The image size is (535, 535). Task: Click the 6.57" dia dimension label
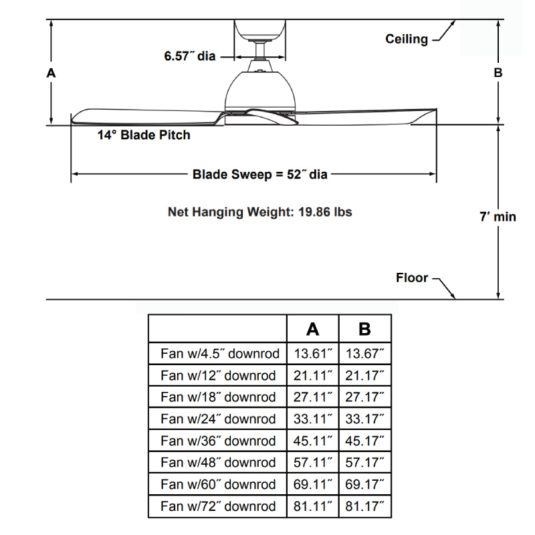[x=190, y=57]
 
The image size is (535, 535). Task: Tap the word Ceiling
[x=406, y=39]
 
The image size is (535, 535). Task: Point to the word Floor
[x=412, y=278]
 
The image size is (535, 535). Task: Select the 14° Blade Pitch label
[x=143, y=135]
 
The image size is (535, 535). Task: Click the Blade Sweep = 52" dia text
[x=260, y=175]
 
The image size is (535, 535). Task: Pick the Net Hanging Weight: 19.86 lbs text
[x=259, y=212]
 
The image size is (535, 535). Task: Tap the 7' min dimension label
[x=498, y=217]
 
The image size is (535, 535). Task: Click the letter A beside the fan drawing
[x=51, y=74]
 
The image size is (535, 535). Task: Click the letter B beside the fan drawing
[x=498, y=74]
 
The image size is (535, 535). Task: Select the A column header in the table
[x=312, y=329]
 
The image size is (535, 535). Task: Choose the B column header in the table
[x=364, y=329]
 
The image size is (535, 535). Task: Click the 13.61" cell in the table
[x=312, y=353]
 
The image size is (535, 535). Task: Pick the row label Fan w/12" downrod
[x=218, y=375]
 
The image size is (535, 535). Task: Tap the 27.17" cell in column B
[x=364, y=397]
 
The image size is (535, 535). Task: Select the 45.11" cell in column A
[x=312, y=441]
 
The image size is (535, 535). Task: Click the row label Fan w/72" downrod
[x=218, y=506]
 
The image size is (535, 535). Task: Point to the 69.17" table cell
[x=364, y=484]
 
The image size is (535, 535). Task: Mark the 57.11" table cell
[x=312, y=462]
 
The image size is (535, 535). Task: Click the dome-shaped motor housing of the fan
[x=261, y=90]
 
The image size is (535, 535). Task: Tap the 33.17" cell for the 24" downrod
[x=364, y=419]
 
